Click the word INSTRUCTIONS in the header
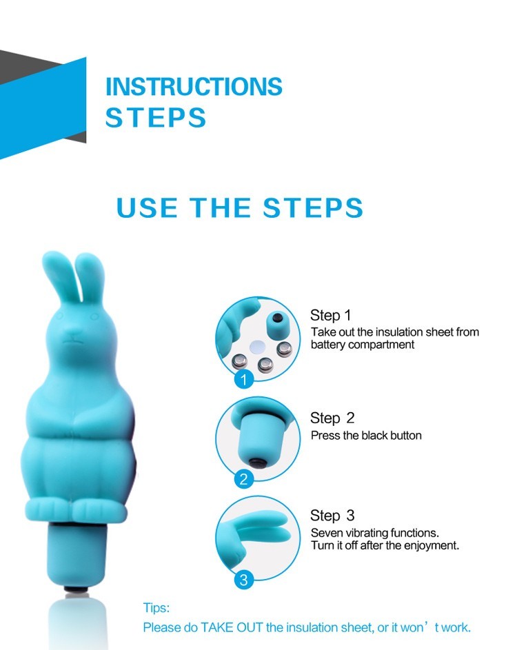[194, 86]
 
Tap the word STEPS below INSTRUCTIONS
[156, 117]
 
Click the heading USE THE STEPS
[240, 207]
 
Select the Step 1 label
[330, 315]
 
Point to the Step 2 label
[332, 418]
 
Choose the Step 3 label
[332, 516]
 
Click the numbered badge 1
[244, 379]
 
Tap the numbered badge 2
[244, 479]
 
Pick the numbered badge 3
[244, 580]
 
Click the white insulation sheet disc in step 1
[258, 347]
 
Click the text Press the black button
[366, 435]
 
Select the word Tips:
[156, 608]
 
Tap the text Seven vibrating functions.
[375, 533]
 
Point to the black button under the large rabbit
[77, 590]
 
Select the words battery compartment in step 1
[363, 345]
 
